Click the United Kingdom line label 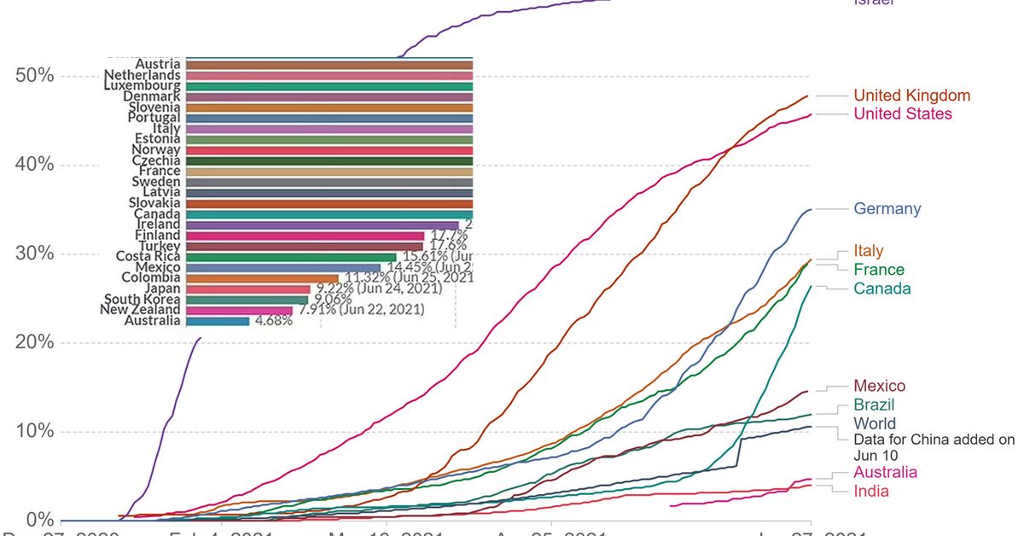(x=911, y=96)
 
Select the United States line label (x=903, y=114)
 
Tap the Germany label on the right (x=887, y=209)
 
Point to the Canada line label (x=882, y=288)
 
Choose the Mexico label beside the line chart (x=880, y=387)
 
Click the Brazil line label (x=875, y=405)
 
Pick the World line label (x=875, y=424)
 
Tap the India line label (x=871, y=491)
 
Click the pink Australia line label (x=886, y=473)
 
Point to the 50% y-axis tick (x=35, y=76)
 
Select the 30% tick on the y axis (x=35, y=254)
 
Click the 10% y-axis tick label (x=35, y=432)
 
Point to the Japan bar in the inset (x=247, y=288)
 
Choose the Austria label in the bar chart (x=158, y=64)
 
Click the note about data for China (x=934, y=447)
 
